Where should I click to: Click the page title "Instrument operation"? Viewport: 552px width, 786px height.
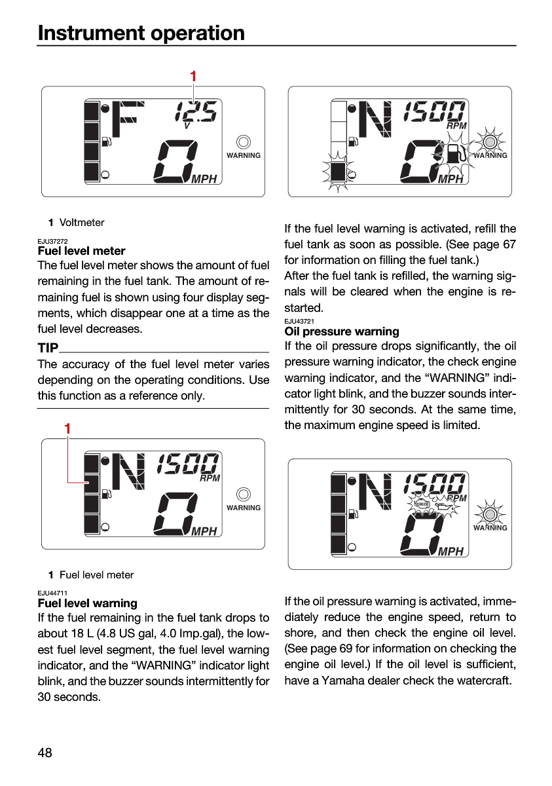tap(141, 33)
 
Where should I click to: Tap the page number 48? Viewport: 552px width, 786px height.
tap(45, 753)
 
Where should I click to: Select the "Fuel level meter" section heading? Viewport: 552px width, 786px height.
tap(81, 251)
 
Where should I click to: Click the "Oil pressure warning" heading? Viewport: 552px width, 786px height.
tap(342, 331)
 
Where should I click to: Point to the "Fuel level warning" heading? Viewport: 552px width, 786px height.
tap(87, 603)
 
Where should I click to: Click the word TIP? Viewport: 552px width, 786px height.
tap(48, 348)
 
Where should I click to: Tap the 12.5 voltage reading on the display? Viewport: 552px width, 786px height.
tap(196, 112)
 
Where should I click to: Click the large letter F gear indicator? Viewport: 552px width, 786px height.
tap(128, 119)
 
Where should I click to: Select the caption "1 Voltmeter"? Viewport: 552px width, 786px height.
tap(77, 223)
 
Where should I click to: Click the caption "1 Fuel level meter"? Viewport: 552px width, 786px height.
tap(91, 575)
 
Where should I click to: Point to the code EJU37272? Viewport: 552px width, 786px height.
tap(52, 241)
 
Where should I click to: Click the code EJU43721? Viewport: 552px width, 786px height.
tap(299, 321)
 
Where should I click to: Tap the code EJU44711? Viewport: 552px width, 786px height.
tap(52, 593)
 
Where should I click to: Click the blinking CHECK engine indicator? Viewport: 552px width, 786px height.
tap(421, 504)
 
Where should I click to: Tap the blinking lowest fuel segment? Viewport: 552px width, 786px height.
tap(338, 172)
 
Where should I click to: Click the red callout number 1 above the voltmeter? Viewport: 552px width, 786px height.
tap(193, 76)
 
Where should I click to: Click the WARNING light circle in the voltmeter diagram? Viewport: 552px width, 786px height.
tap(244, 142)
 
